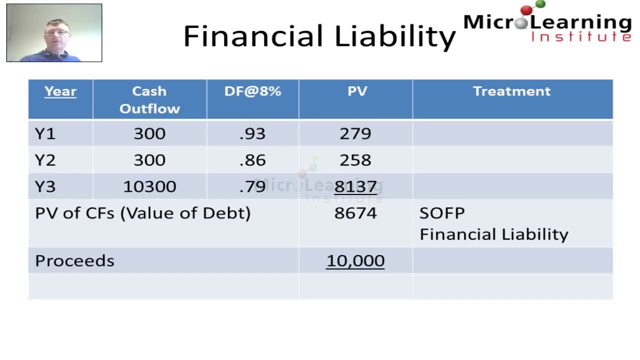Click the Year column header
click(60, 91)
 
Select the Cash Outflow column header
click(149, 99)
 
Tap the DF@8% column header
click(252, 91)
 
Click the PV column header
click(357, 91)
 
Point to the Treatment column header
click(511, 91)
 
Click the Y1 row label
click(45, 134)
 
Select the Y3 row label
click(45, 187)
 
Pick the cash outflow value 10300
click(149, 187)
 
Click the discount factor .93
click(252, 134)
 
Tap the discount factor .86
click(252, 160)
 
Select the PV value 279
click(355, 134)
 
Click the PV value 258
click(355, 160)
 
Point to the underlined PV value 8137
click(355, 187)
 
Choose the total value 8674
click(355, 213)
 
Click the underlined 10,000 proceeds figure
click(355, 261)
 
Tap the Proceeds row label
click(74, 261)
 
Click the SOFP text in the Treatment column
click(442, 213)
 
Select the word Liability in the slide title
click(395, 37)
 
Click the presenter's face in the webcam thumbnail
click(55, 32)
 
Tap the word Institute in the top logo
click(581, 36)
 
